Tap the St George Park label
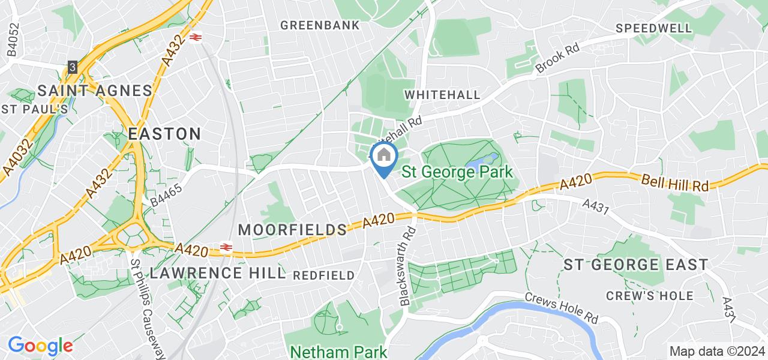457,172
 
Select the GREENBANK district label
320,25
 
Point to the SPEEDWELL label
653,28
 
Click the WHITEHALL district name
442,95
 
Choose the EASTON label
164,134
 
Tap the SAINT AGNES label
95,91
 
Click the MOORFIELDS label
293,229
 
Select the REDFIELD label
324,275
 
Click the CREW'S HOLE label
650,296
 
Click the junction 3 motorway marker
73,67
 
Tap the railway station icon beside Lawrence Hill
226,247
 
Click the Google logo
40,346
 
